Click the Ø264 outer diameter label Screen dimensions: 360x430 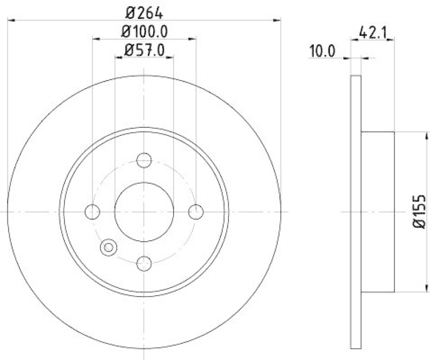[x=144, y=11]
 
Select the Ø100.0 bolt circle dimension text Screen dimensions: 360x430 [x=144, y=31]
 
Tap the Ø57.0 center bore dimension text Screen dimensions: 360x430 [x=144, y=51]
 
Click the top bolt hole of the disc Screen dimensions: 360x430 [x=144, y=160]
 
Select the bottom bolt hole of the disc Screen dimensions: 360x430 [x=144, y=263]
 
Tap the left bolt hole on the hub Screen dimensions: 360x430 [x=92, y=212]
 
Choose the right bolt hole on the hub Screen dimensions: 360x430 [x=196, y=212]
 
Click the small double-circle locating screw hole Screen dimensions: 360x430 [x=109, y=247]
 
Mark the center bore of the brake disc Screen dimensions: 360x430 [x=144, y=212]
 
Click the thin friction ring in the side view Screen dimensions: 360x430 [x=355, y=212]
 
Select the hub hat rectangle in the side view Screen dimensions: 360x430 [x=377, y=212]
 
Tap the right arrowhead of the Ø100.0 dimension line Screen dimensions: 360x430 [x=192, y=39]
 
